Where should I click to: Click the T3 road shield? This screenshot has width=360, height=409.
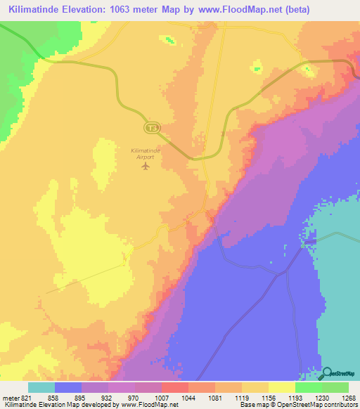coord(151,127)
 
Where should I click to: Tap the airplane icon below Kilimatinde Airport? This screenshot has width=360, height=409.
coord(146,167)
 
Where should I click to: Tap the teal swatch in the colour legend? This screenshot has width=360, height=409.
coord(41,387)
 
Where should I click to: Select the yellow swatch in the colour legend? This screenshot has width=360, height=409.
coord(281,387)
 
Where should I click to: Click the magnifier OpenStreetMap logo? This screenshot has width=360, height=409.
coord(328,373)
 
